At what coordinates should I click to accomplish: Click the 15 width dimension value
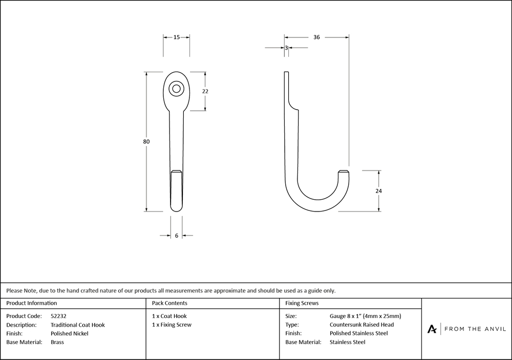tap(176, 37)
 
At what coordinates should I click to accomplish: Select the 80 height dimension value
tap(146, 141)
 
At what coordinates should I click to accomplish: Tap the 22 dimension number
tap(205, 92)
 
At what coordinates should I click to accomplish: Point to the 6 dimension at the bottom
tap(177, 236)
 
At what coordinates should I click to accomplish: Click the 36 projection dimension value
tap(316, 37)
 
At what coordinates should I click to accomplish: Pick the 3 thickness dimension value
tap(286, 48)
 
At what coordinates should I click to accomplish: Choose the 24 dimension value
tap(378, 191)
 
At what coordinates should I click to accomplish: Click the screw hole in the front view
tap(176, 89)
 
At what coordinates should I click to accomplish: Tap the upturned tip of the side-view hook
tap(343, 172)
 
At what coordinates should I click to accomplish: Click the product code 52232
tap(58, 316)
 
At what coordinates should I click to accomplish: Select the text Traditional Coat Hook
tap(78, 325)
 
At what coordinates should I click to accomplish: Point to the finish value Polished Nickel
tap(70, 333)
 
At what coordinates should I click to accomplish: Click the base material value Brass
tap(57, 342)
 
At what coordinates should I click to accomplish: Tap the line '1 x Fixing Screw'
tap(172, 325)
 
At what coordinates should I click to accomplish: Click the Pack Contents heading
tap(169, 303)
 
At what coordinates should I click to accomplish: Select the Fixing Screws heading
tap(302, 303)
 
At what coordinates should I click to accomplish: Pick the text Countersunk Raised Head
tap(362, 325)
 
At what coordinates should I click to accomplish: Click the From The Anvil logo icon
tap(432, 329)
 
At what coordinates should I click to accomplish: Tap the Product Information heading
tap(32, 303)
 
